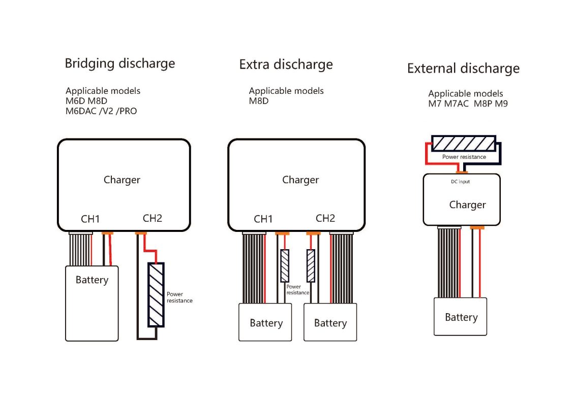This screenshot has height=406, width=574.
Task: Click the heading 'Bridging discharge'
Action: click(x=119, y=63)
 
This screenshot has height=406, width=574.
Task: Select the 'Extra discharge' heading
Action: click(x=286, y=65)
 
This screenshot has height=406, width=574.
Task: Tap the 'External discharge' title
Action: click(x=463, y=69)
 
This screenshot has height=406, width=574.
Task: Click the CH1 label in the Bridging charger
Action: click(x=90, y=219)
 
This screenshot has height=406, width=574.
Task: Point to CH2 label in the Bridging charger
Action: click(x=152, y=218)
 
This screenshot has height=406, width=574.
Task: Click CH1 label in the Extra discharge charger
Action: click(x=263, y=219)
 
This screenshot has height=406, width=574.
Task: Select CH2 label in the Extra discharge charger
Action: click(x=325, y=218)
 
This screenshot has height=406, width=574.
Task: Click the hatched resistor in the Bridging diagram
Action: click(x=156, y=295)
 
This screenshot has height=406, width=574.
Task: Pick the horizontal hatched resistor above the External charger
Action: click(x=463, y=144)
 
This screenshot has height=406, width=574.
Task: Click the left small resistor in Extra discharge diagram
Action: click(x=285, y=266)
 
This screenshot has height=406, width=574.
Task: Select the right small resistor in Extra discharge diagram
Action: click(x=310, y=266)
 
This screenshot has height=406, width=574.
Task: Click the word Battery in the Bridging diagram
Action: click(x=92, y=280)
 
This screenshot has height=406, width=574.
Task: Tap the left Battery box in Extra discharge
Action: click(x=265, y=323)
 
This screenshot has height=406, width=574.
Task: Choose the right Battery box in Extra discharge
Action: click(x=330, y=323)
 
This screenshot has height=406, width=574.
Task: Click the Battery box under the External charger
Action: click(x=461, y=317)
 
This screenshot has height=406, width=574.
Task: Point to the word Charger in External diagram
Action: click(x=467, y=205)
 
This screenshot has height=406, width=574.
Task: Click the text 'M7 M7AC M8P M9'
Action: click(x=468, y=104)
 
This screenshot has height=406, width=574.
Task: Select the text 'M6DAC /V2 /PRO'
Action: click(x=101, y=111)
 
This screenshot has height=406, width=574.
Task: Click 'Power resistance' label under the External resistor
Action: click(x=464, y=157)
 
